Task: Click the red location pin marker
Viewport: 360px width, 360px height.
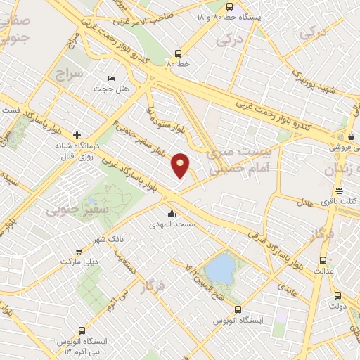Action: coord(181,165)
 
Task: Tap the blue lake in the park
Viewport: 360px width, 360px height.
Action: coord(221,268)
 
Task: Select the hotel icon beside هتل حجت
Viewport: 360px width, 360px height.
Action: coord(111,79)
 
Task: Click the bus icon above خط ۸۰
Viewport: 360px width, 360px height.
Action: coord(178,53)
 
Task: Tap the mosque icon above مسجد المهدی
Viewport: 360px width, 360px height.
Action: coord(171,214)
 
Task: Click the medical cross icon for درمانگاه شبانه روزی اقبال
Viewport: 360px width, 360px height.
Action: coord(77,134)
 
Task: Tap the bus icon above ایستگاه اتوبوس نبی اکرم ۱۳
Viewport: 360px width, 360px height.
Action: coord(82,330)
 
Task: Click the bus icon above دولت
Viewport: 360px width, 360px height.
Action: coord(338,295)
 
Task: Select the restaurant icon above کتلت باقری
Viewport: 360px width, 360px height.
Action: coord(339,191)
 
